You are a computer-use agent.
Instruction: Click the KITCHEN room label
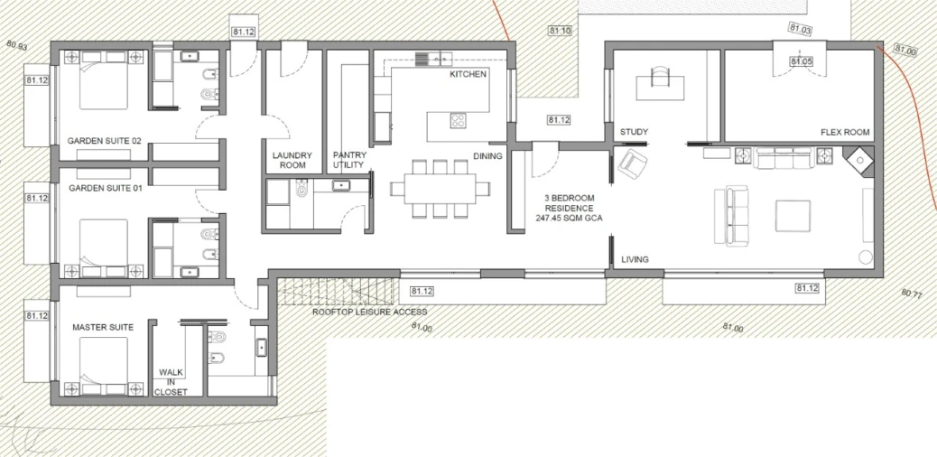tap(468, 74)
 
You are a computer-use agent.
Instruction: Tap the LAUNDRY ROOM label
tap(292, 160)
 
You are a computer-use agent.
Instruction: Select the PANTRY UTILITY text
tap(349, 160)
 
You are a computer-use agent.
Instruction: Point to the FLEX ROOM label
tap(845, 132)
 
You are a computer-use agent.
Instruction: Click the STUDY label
tap(634, 132)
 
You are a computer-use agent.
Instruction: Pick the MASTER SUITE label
tap(103, 327)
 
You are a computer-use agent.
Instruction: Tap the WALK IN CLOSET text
tap(171, 382)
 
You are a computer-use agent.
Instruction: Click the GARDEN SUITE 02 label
tap(105, 141)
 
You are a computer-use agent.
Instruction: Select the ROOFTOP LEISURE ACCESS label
tap(370, 312)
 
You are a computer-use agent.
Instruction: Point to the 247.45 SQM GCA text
tap(569, 219)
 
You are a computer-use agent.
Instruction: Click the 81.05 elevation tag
tap(801, 61)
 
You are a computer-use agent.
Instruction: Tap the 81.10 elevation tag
tap(560, 31)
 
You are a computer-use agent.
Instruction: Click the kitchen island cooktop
tap(459, 121)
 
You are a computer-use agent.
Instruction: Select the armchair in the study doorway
tap(633, 163)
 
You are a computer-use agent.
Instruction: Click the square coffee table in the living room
tap(793, 216)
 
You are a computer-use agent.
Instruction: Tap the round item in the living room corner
tap(866, 257)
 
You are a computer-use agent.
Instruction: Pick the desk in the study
tap(660, 88)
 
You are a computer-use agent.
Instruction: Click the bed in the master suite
tap(104, 366)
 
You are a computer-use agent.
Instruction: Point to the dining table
tap(441, 189)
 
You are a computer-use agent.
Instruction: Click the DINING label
tap(488, 156)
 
